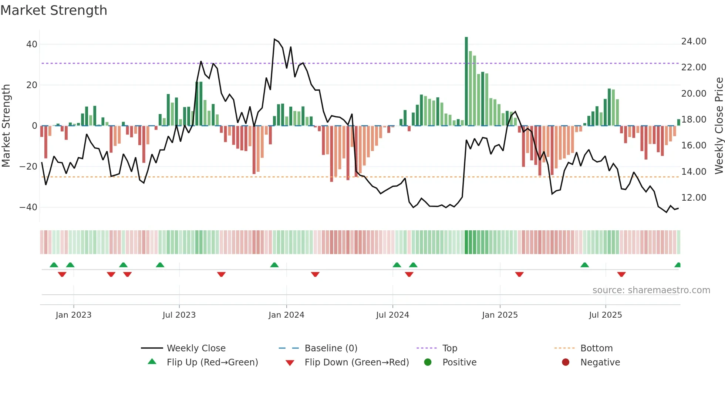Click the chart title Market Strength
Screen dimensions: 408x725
coord(54,10)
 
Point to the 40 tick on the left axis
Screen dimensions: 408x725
coord(32,44)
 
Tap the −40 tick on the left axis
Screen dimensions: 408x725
coord(28,207)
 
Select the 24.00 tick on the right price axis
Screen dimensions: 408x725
coord(694,41)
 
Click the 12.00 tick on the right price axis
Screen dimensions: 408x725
coord(694,198)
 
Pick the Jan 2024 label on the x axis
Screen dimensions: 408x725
coord(286,315)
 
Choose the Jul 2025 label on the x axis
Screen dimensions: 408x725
coord(606,315)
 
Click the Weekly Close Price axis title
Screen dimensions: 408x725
coord(719,126)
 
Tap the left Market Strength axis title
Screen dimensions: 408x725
coord(6,126)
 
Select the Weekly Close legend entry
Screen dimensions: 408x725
coord(196,348)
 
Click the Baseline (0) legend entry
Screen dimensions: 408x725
coord(331,348)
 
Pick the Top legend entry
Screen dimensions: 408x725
coord(450,348)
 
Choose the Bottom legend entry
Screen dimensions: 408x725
coord(596,348)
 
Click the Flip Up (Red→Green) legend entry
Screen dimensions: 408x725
coord(212,362)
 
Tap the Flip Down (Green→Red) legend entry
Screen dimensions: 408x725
coord(357,362)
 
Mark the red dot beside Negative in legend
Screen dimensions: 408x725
coord(566,362)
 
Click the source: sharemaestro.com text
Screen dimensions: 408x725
coord(651,290)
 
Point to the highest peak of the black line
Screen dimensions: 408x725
coord(274,39)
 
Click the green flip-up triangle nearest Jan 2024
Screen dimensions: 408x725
coord(274,265)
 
